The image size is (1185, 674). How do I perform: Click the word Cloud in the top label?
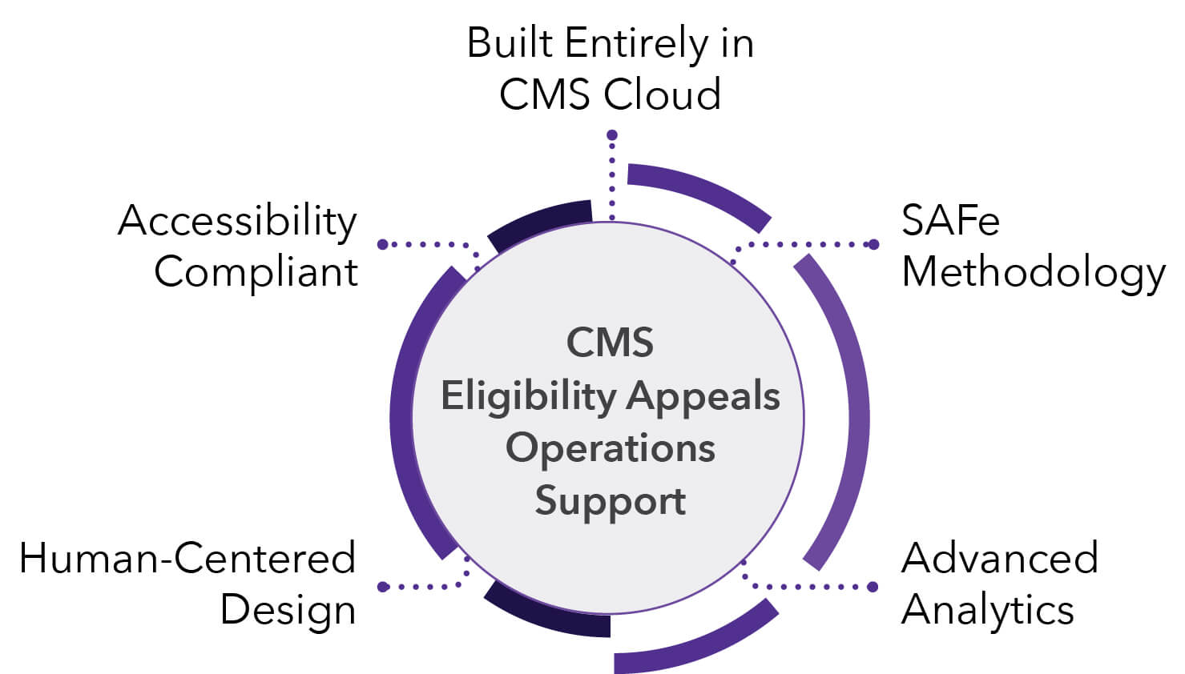[x=662, y=94]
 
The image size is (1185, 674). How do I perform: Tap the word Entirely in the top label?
[x=636, y=43]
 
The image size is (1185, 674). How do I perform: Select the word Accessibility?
[x=237, y=221]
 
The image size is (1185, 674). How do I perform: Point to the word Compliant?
[x=256, y=272]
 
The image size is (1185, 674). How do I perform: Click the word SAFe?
[x=950, y=221]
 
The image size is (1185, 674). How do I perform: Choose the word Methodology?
[x=1033, y=273]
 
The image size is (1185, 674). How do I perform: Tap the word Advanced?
[x=999, y=559]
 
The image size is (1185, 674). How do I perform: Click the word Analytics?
[x=987, y=610]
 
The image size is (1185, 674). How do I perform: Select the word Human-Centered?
[x=187, y=559]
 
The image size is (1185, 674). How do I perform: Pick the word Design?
[x=288, y=611]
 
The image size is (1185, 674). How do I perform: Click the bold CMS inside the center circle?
[x=610, y=343]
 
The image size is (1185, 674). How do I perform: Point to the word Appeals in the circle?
[x=703, y=395]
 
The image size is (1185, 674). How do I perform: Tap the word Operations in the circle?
[x=610, y=447]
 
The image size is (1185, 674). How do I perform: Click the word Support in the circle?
[x=610, y=501]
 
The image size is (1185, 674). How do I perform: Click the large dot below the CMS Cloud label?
[x=612, y=136]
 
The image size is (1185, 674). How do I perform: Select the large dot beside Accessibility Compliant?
[x=383, y=244]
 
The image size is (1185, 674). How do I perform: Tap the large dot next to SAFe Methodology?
[x=873, y=244]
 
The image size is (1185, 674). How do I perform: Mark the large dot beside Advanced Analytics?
[x=873, y=587]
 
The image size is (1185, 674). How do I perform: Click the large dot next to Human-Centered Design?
[x=383, y=587]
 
